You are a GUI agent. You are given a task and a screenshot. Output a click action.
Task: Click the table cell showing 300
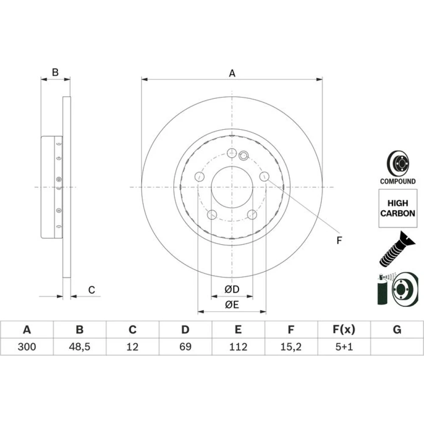click(27, 347)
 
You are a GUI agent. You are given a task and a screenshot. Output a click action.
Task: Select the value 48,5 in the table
click(80, 347)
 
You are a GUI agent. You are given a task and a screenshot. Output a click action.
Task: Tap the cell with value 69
click(186, 347)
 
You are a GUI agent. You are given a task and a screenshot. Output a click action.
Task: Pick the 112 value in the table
click(238, 347)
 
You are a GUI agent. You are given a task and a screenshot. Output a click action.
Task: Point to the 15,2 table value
click(291, 347)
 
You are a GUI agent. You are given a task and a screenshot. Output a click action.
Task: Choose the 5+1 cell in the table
click(344, 347)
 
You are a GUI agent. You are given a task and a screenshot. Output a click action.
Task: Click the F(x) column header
click(344, 329)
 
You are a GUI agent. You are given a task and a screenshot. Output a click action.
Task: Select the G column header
click(397, 329)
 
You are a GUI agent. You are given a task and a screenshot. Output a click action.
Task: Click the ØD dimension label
click(232, 289)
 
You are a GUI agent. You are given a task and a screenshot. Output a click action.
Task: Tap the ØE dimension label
click(232, 305)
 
